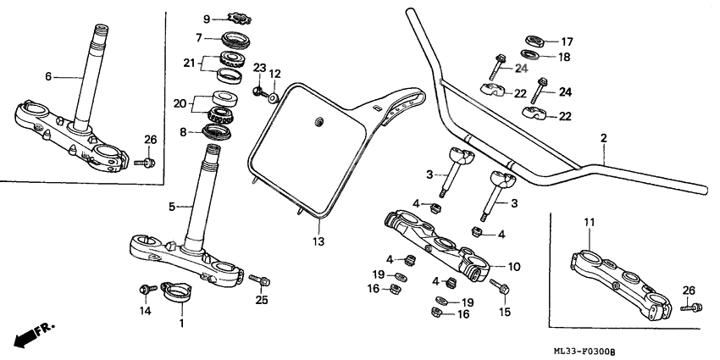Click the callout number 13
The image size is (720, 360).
(318, 242)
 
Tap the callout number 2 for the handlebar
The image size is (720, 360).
(603, 138)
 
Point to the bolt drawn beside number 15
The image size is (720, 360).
(501, 289)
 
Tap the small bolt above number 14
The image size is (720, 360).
(145, 290)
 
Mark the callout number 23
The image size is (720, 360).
(259, 67)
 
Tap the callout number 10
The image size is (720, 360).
(513, 267)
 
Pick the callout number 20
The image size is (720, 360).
(179, 103)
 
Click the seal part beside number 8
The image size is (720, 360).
(219, 130)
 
